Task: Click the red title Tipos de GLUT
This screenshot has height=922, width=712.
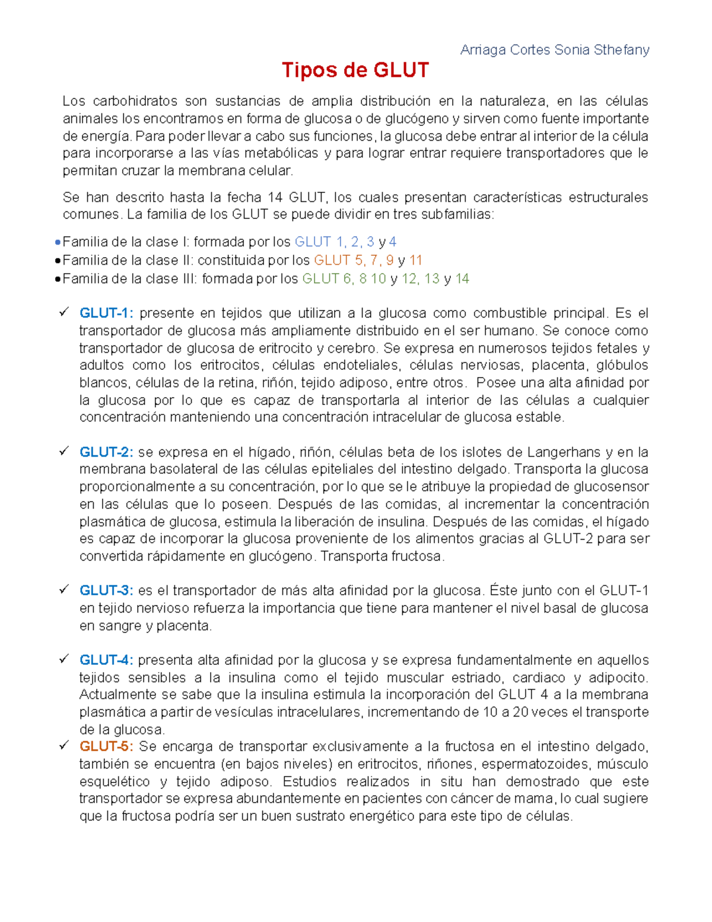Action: [x=355, y=71]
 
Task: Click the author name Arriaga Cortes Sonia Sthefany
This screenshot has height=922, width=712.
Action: [x=555, y=50]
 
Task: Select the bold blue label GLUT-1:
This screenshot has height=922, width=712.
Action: [x=107, y=313]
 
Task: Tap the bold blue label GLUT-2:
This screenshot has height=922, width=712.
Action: [x=107, y=452]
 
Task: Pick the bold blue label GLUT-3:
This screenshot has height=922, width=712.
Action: [x=107, y=591]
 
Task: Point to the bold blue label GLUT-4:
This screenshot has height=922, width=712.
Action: [x=107, y=660]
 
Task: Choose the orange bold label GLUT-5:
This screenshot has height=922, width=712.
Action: [x=107, y=746]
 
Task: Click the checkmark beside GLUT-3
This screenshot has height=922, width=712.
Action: [x=64, y=590]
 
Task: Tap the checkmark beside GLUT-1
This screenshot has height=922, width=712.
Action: [x=64, y=312]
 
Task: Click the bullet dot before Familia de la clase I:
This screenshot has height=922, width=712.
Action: [x=57, y=242]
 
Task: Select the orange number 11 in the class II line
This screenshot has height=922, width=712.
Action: [x=416, y=260]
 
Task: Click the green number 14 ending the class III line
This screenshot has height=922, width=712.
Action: [x=462, y=278]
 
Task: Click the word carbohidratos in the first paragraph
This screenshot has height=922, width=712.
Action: [x=135, y=101]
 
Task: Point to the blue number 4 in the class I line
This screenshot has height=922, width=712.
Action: [x=393, y=242]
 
